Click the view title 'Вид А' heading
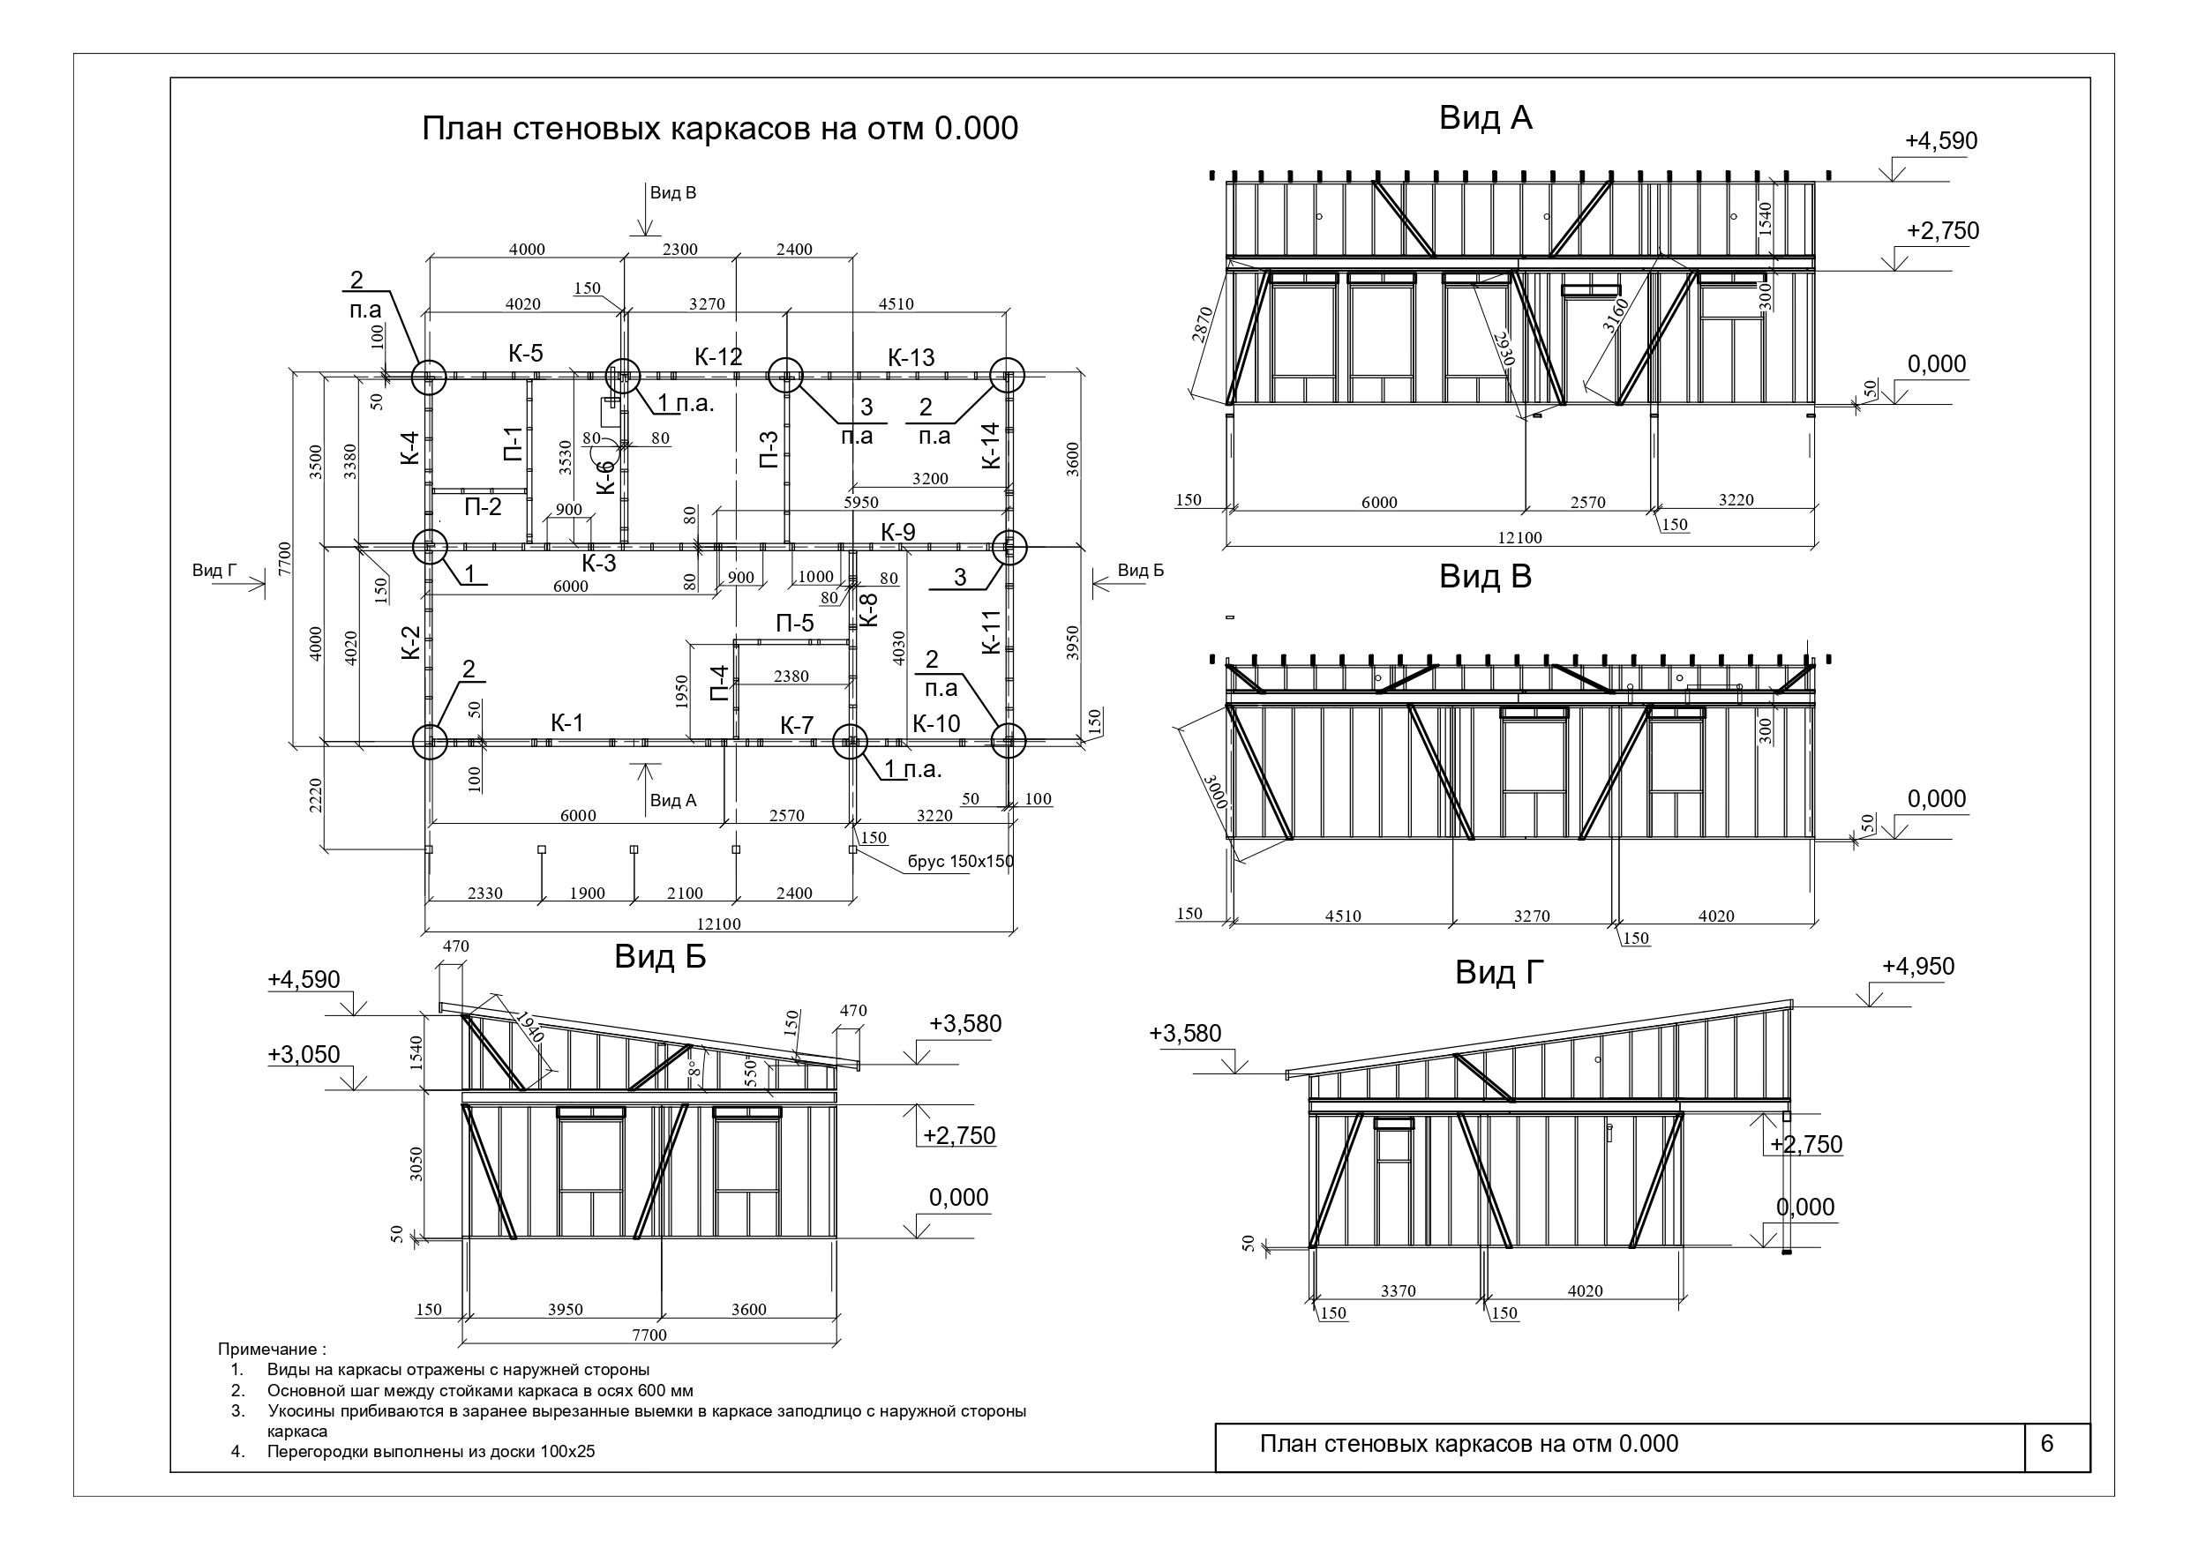tap(1485, 118)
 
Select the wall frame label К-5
tap(526, 353)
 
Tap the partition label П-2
tap(483, 507)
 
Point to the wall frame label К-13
tap(911, 357)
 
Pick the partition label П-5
tap(794, 624)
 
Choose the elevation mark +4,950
tap(1918, 966)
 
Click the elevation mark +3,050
tap(304, 1054)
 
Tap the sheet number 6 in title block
tap(2047, 1443)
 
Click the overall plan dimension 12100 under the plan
tap(718, 924)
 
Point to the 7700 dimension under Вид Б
tap(649, 1335)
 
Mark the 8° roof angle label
tap(695, 1067)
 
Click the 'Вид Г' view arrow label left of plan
tap(214, 571)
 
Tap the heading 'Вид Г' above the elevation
tap(1499, 972)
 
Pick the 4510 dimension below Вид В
tap(1343, 916)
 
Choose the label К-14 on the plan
tap(992, 445)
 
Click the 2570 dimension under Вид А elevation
tap(1588, 503)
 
